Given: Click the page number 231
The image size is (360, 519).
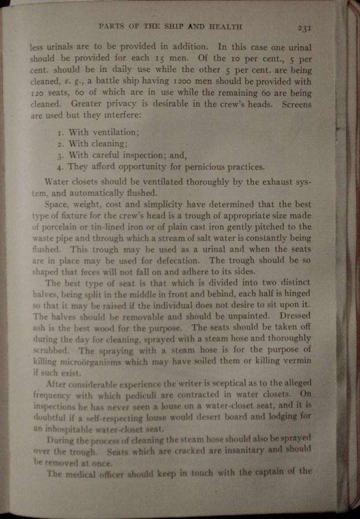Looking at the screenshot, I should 305,27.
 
